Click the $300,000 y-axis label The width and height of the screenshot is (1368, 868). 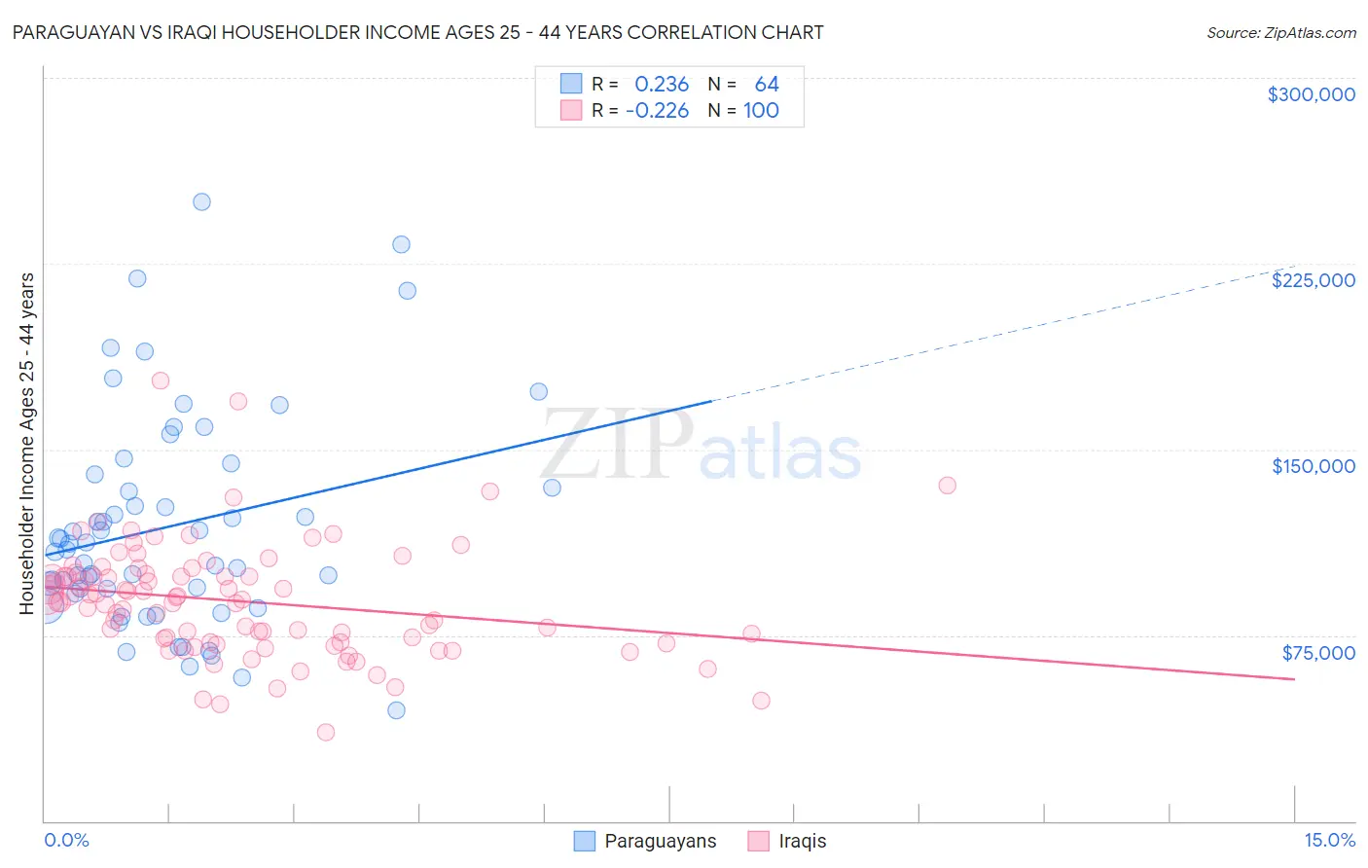[x=1311, y=94]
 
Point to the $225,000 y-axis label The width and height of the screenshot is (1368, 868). [x=1313, y=280]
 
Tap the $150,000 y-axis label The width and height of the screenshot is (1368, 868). [x=1313, y=466]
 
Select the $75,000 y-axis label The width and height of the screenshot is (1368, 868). [x=1317, y=653]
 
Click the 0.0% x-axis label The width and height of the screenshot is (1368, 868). [x=66, y=840]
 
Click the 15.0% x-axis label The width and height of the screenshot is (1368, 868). [x=1329, y=840]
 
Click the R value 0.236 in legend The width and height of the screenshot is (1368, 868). [x=662, y=85]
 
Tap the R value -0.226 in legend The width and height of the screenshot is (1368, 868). [x=657, y=111]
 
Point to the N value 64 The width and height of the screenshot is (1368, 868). [x=767, y=85]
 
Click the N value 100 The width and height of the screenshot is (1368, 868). [x=761, y=111]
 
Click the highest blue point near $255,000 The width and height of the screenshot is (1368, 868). [x=201, y=202]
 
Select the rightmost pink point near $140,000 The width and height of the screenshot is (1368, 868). [x=947, y=485]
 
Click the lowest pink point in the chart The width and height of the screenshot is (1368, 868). [x=326, y=732]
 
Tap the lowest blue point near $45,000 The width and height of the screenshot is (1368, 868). [x=396, y=710]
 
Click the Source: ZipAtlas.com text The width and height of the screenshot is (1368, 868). [x=1280, y=32]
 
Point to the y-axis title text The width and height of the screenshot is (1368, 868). [x=26, y=444]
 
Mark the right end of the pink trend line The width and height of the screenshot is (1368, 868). [x=1294, y=678]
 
